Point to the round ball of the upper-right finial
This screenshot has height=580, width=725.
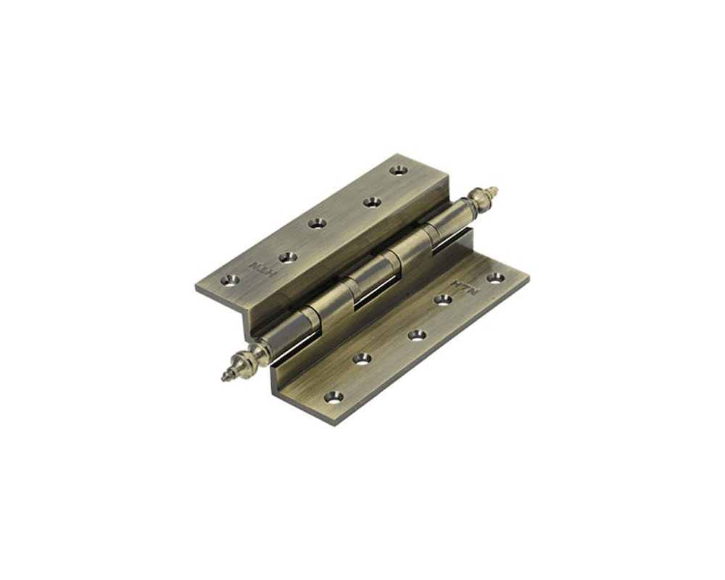pyautogui.click(x=478, y=196)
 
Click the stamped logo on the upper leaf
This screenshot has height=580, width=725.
pyautogui.click(x=259, y=267)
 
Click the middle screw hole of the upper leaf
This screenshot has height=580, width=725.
pyautogui.click(x=317, y=223)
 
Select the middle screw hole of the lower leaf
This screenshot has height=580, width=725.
pyautogui.click(x=417, y=334)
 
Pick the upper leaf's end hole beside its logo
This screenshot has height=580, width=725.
pyautogui.click(x=230, y=280)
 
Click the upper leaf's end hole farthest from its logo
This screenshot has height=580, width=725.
pyautogui.click(x=398, y=170)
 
